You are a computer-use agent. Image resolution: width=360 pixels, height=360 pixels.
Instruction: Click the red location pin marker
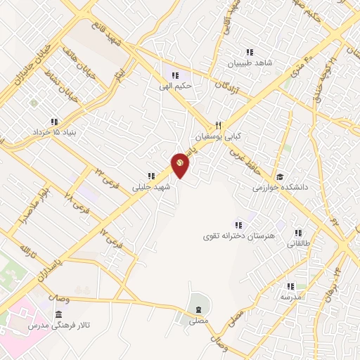coord(180,164)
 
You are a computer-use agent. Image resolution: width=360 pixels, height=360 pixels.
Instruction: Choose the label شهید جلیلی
coord(150,188)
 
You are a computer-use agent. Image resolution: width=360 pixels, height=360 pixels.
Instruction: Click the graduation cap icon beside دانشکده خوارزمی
coord(280,176)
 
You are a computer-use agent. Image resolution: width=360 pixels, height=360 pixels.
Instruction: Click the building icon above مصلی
coord(199,309)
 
